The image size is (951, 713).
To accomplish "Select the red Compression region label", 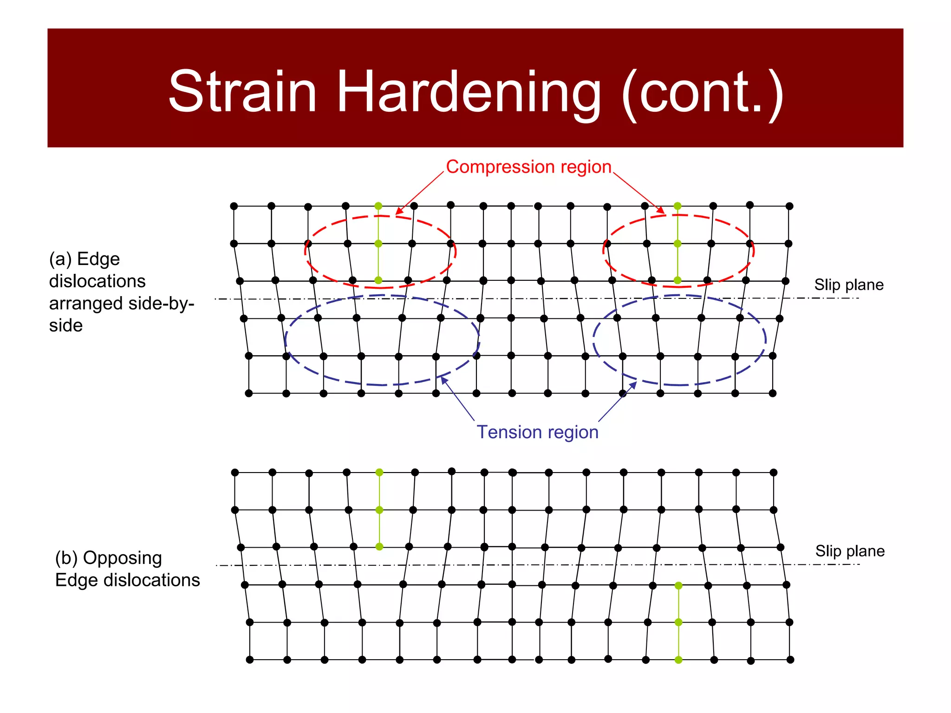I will click(x=528, y=167).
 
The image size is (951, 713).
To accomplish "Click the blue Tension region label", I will click(x=538, y=432).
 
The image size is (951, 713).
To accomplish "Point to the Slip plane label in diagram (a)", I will click(x=848, y=285).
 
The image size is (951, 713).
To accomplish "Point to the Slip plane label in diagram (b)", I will click(x=850, y=551).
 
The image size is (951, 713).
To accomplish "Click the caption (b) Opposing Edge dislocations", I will click(x=127, y=569).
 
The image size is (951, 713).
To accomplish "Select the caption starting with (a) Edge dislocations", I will click(x=121, y=292).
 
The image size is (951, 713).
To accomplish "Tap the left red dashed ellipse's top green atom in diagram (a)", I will click(x=378, y=206).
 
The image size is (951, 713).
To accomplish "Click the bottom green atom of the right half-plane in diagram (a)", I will click(x=677, y=280).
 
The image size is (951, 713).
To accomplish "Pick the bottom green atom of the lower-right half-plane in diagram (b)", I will click(x=678, y=660).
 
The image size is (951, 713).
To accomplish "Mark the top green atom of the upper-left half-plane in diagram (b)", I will click(x=379, y=472).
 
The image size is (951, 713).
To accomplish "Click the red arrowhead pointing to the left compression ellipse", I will click(x=398, y=212).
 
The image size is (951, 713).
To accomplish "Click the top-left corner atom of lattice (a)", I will click(x=234, y=206).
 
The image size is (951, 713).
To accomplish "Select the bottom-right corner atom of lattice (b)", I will click(x=790, y=660).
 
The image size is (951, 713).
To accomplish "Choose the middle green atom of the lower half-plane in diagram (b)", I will click(x=678, y=622).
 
